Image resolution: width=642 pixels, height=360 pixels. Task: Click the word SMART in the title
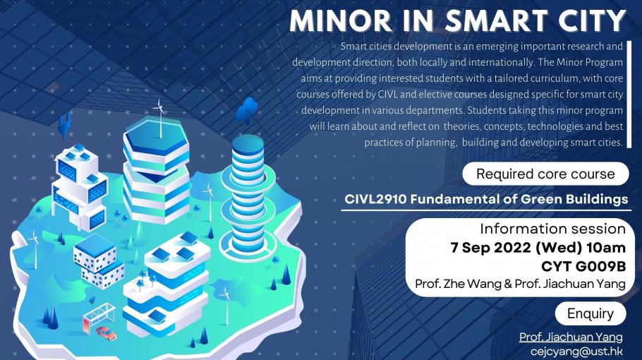click(497, 21)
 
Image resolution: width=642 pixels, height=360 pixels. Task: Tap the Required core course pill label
click(545, 174)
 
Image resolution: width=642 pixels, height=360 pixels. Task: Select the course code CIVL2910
click(375, 199)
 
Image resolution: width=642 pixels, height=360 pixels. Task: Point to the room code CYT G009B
click(583, 266)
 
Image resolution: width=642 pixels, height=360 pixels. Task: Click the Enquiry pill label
click(590, 314)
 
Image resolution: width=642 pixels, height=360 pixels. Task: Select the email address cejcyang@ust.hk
click(576, 352)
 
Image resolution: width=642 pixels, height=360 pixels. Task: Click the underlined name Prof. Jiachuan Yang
click(571, 337)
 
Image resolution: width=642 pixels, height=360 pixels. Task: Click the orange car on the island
click(107, 333)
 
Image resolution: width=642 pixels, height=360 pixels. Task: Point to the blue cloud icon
click(247, 109)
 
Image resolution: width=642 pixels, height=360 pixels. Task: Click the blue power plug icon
click(64, 126)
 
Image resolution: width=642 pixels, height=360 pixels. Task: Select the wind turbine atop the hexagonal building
click(159, 119)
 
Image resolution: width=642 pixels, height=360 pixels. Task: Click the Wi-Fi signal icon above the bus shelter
click(92, 300)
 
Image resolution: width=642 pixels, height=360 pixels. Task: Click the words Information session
click(552, 229)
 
